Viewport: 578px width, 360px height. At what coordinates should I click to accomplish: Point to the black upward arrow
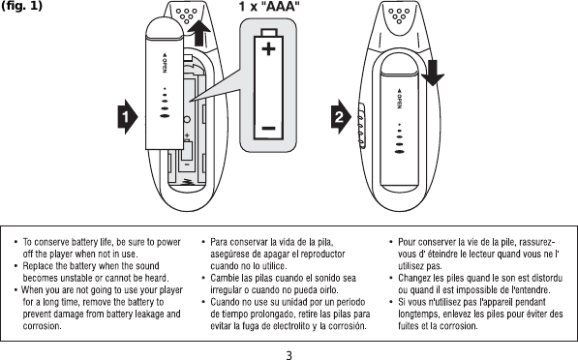[x=200, y=41]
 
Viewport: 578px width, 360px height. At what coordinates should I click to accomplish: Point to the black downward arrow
[x=433, y=71]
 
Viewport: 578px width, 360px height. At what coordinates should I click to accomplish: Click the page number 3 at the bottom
[x=289, y=352]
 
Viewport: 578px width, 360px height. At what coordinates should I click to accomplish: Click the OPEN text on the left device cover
[x=166, y=62]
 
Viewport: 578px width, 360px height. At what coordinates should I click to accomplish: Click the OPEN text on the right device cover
[x=398, y=102]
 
